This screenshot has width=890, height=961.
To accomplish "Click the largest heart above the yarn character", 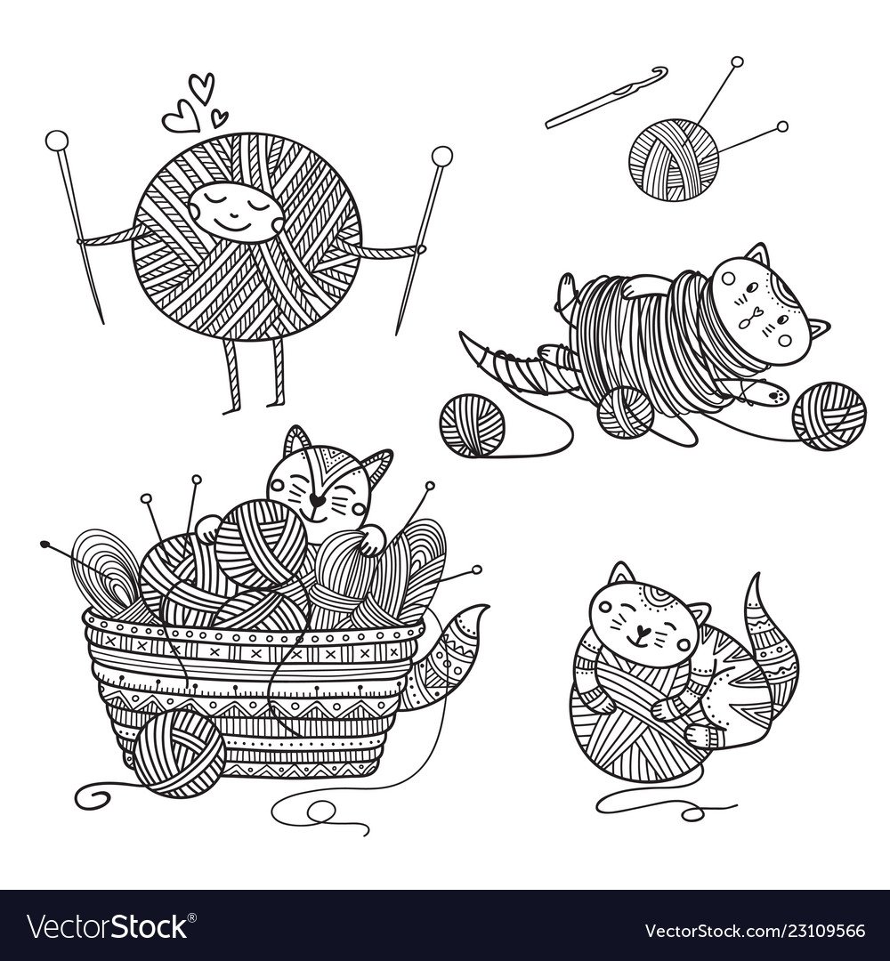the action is (202, 87).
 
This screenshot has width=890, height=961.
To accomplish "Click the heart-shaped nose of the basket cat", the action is (316, 500).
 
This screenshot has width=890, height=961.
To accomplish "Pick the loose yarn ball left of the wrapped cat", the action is (473, 424).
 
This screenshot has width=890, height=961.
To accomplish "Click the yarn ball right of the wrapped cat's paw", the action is (829, 416).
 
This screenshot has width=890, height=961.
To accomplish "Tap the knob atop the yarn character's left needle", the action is (55, 140).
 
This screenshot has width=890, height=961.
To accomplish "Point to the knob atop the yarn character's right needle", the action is (441, 156).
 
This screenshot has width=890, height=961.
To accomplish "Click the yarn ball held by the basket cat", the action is (261, 544).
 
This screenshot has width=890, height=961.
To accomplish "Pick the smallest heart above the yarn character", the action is (219, 117).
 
